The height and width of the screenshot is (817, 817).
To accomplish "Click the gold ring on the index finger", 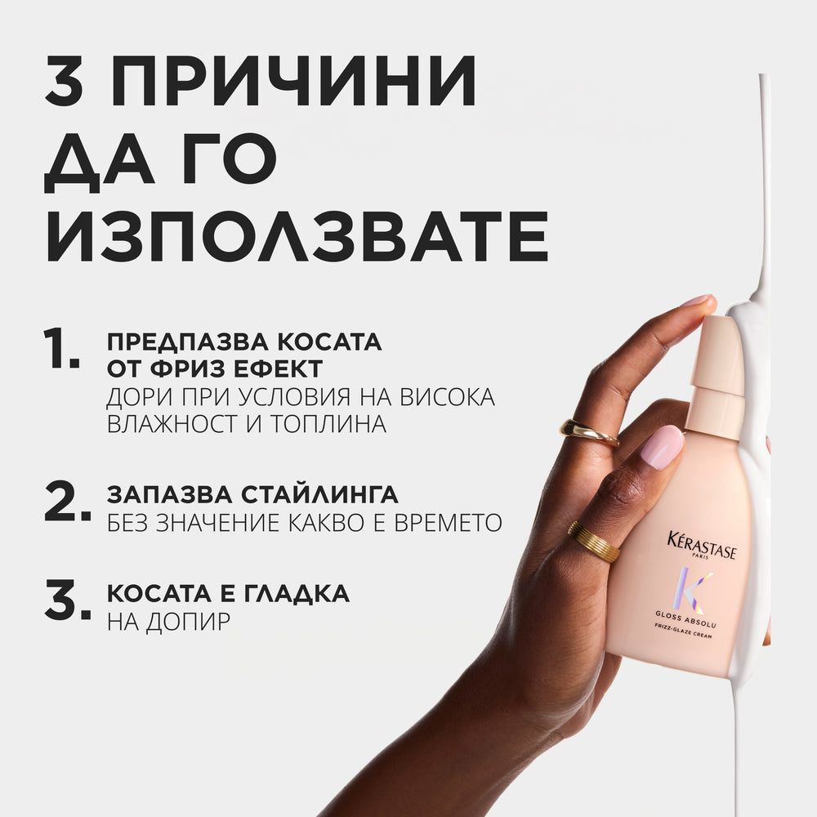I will pos(588,431).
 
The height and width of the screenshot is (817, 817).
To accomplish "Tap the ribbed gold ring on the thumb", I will pos(593,541).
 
